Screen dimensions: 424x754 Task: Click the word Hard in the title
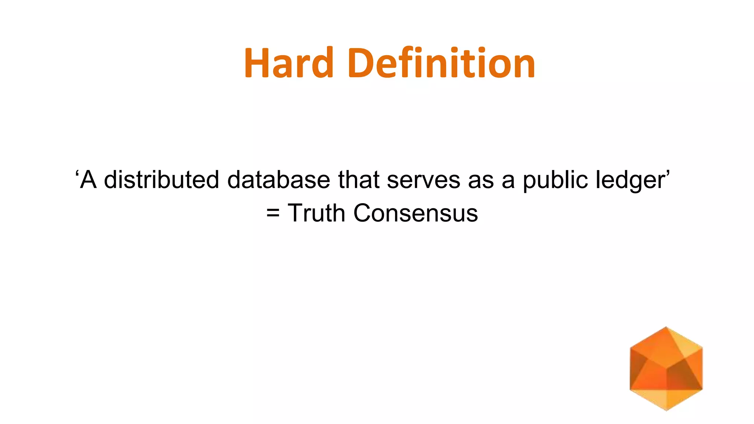[x=288, y=63]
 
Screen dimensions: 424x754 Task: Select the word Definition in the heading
[x=441, y=63]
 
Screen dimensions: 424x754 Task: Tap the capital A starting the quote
[x=88, y=180]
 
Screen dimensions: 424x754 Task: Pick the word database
[x=279, y=180]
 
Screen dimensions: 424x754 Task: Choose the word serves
[x=423, y=181]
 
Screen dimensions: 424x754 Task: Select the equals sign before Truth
[x=273, y=214]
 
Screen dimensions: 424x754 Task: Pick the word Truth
[x=316, y=213]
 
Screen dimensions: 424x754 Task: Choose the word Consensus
[x=415, y=213]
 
